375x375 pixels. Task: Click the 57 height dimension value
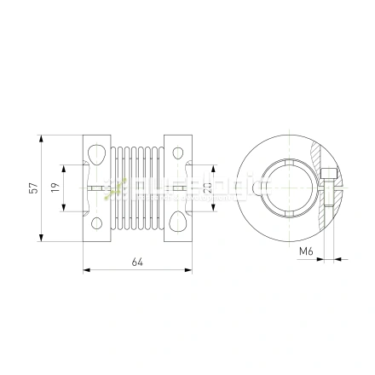(32, 188)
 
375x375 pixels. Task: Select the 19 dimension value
(55, 188)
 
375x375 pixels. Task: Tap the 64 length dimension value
(137, 262)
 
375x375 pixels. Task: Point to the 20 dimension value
(207, 188)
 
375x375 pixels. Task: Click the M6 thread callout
(308, 251)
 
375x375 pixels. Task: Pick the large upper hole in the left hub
(97, 153)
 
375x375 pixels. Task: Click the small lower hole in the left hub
(96, 223)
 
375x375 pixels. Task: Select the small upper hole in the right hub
(178, 153)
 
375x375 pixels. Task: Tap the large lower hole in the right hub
(177, 223)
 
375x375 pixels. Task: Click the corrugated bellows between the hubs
(137, 188)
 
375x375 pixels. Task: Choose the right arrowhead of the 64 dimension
(188, 271)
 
